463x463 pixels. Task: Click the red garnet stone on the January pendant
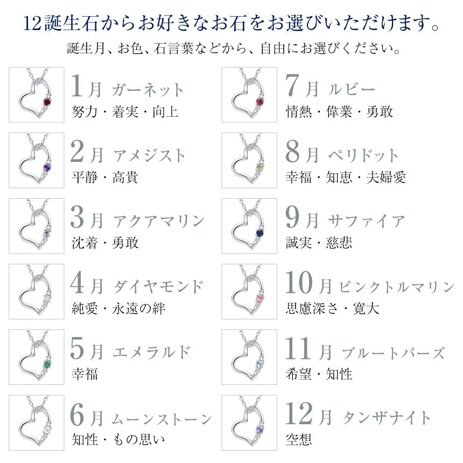(x=47, y=102)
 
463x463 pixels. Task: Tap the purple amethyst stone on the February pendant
(x=47, y=167)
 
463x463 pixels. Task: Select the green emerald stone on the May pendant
(x=47, y=364)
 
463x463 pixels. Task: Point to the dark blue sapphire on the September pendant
(x=260, y=233)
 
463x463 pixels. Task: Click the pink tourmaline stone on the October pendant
(x=260, y=299)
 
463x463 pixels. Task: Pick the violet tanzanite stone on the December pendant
(x=260, y=430)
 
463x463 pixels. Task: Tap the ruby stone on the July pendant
(x=260, y=102)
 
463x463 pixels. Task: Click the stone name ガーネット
(x=148, y=90)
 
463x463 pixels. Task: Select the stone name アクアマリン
(x=159, y=221)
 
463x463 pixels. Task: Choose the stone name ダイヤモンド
(x=158, y=286)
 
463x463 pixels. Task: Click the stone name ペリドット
(x=363, y=155)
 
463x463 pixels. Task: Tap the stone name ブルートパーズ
(x=393, y=353)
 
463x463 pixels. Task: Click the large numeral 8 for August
(x=293, y=152)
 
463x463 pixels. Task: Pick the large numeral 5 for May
(x=78, y=349)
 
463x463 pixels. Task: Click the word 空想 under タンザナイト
(x=299, y=440)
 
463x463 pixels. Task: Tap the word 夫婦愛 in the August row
(x=386, y=178)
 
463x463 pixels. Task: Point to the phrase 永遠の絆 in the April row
(x=139, y=308)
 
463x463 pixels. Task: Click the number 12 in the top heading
(x=32, y=24)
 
